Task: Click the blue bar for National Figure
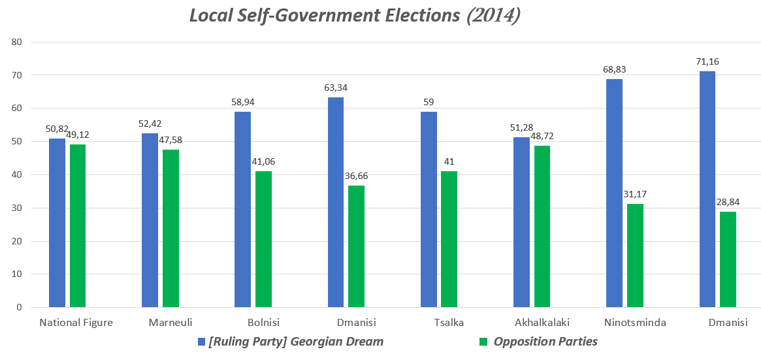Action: pos(57,222)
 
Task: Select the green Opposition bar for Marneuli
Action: pos(170,228)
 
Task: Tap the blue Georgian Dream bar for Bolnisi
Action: pos(242,209)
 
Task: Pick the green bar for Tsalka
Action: pos(449,238)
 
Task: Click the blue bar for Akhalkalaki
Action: pos(521,221)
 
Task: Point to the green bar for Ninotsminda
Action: pos(635,255)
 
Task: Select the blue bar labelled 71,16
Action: pos(707,189)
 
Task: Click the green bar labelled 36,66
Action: pos(356,246)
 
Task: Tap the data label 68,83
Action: pos(615,69)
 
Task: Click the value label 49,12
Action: pos(78,135)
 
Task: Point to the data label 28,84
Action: pos(728,202)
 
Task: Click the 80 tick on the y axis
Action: pos(17,42)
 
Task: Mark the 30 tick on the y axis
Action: pos(17,208)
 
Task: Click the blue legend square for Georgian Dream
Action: pos(201,342)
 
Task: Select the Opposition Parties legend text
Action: pos(545,342)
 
